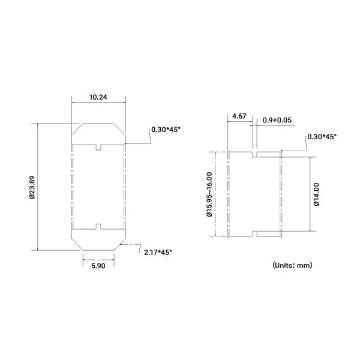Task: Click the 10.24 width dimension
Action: tap(98, 97)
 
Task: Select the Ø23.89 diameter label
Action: tap(32, 187)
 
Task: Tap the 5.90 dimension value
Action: tap(98, 266)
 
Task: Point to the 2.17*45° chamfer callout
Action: tap(158, 253)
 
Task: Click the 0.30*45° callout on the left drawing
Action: tap(166, 130)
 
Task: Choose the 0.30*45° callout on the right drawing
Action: tap(322, 137)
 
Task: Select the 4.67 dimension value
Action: tap(239, 116)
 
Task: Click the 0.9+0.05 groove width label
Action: tap(277, 120)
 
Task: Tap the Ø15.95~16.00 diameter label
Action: tap(209, 194)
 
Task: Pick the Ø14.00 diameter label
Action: tap(316, 194)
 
